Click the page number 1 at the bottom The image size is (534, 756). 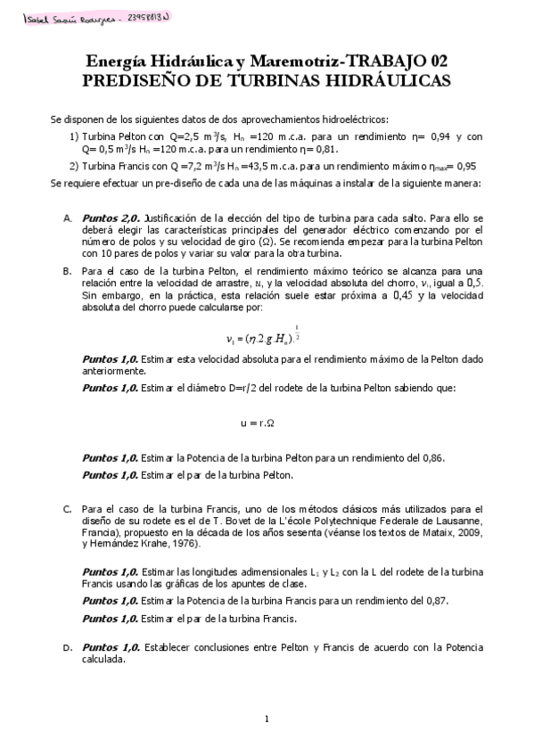point(267,719)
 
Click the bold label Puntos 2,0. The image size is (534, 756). point(111,216)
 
